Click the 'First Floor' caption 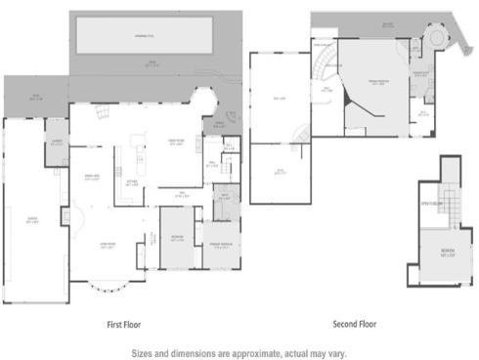pyautogui.click(x=127, y=323)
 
